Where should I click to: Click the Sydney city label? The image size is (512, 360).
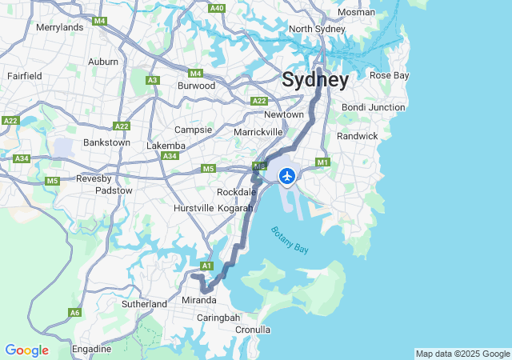314,80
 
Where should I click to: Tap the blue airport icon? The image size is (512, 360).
287,175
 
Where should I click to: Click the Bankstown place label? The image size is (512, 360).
106,142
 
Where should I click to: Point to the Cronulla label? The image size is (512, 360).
254,329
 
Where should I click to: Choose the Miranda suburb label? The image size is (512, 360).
199,300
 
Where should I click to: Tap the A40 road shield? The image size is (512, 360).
217,7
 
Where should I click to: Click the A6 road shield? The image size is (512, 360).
75,313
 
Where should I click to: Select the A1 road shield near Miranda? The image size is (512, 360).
206,266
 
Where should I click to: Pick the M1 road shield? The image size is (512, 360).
323,162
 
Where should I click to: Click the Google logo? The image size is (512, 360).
26,350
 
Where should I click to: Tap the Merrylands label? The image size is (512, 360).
60,26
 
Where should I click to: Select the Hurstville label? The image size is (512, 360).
194,208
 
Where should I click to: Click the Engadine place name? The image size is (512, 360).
91,349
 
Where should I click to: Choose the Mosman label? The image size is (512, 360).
356,12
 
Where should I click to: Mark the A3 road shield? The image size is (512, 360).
153,80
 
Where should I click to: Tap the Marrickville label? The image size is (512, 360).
258,131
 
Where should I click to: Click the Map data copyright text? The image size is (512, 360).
462,354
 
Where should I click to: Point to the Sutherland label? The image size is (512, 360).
144,304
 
